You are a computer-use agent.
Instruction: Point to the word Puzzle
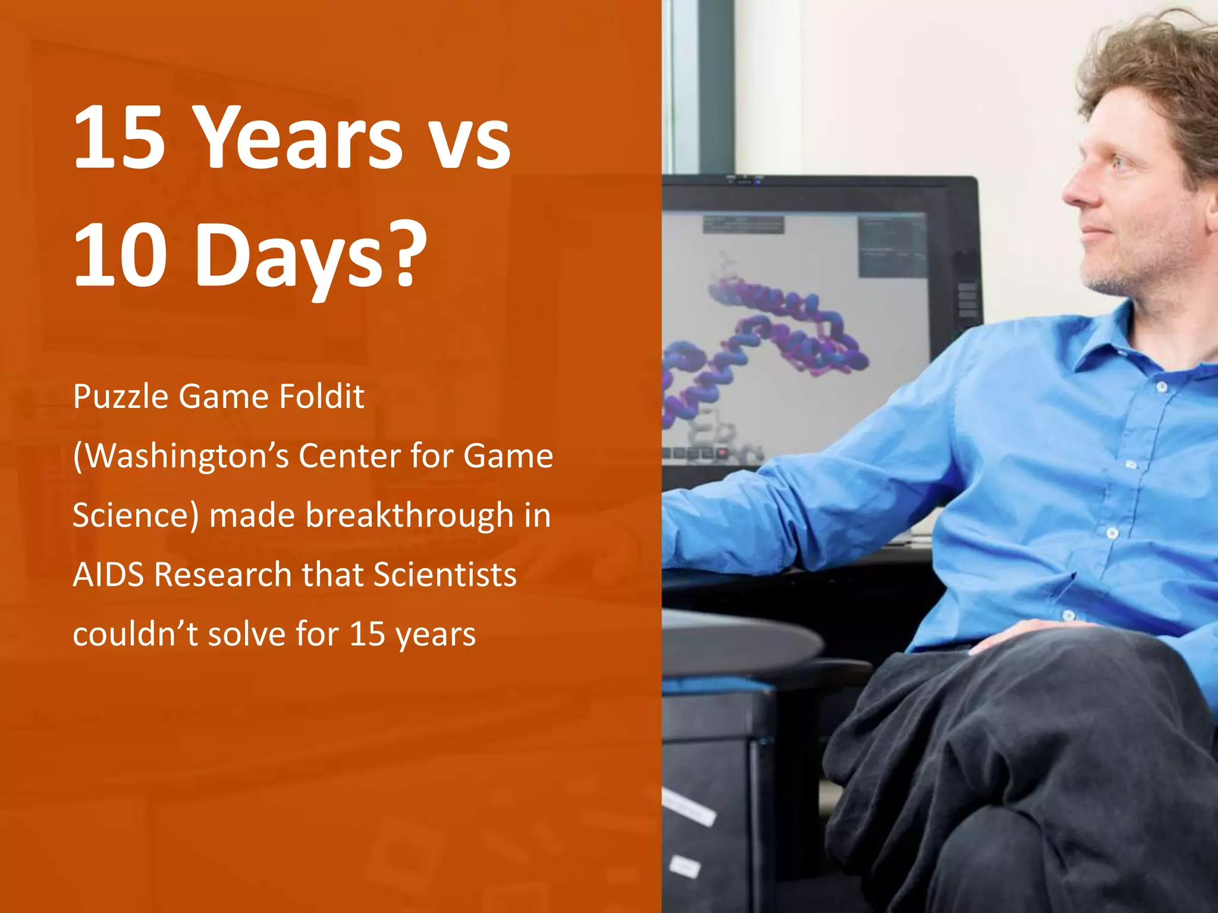(x=121, y=397)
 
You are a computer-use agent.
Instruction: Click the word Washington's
(x=181, y=456)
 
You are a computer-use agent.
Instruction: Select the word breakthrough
(x=409, y=515)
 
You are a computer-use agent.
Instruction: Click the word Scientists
(x=445, y=575)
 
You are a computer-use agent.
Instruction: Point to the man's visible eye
(x=1119, y=162)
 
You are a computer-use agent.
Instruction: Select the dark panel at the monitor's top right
(x=891, y=247)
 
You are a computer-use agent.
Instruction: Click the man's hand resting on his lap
(x=1029, y=634)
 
